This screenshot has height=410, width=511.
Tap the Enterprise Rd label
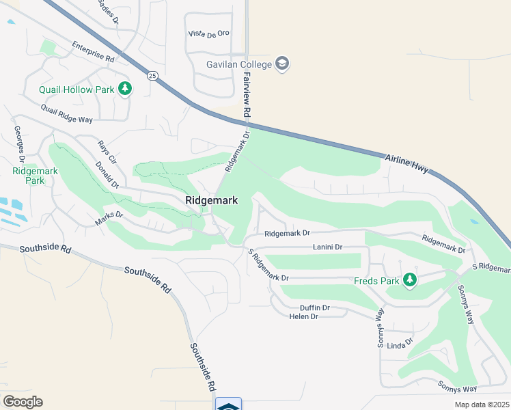[x=93, y=53]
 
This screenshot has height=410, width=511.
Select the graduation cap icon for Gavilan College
[x=282, y=64]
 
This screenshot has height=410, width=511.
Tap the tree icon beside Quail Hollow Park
[x=124, y=89]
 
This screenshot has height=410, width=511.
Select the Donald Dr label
[x=107, y=175]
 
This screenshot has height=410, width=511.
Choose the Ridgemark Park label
[x=28, y=176]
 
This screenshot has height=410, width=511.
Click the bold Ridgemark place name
[x=211, y=200]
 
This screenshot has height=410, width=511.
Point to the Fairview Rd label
[x=247, y=95]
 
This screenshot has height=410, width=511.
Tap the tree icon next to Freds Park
[x=409, y=280]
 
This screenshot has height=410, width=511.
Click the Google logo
[x=23, y=402]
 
